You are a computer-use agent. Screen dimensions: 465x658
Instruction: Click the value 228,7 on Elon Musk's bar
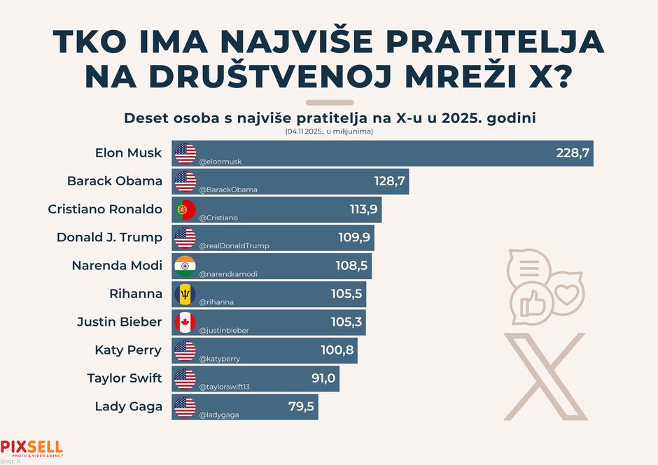coord(573,152)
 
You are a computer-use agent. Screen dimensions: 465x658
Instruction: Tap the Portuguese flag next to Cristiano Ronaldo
coord(185,209)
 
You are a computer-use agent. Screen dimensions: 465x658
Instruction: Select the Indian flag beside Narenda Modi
coord(185,266)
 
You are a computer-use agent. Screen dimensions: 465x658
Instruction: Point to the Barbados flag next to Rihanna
coord(185,294)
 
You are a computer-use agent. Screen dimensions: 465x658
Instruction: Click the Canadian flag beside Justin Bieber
coord(185,322)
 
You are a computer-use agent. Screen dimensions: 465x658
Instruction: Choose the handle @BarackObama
coord(228,189)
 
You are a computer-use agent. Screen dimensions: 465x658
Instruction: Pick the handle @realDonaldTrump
coord(234,246)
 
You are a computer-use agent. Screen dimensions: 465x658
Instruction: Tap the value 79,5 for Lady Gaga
coord(302,406)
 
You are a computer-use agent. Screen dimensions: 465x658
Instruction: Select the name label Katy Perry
coord(128,350)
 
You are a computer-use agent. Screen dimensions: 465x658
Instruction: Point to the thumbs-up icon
coord(532,303)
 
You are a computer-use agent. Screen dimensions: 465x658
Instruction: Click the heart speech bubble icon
coord(566,294)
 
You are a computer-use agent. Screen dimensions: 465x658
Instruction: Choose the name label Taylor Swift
coord(125,378)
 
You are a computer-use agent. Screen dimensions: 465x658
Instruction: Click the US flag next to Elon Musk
coord(185,152)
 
